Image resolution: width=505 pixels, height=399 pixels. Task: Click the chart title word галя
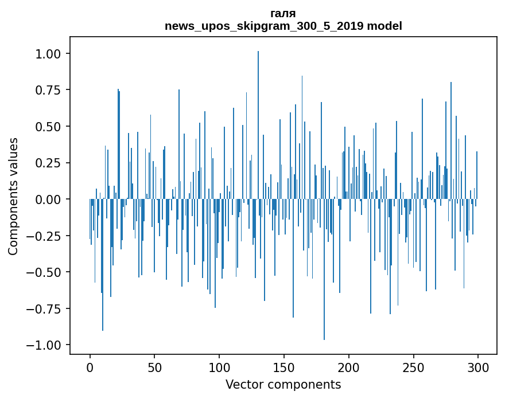point(283,14)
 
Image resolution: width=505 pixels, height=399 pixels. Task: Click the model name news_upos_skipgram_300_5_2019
point(264,26)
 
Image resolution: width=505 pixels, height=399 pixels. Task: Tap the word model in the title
point(384,26)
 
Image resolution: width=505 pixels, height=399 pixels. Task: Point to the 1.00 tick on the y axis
point(48,54)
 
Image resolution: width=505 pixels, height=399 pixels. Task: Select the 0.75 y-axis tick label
point(48,90)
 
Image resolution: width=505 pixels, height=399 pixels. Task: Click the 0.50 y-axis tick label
point(48,127)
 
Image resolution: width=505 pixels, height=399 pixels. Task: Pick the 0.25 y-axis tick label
point(48,163)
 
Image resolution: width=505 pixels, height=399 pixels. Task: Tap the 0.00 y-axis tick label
point(48,199)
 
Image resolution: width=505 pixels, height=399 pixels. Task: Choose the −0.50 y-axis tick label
point(44,272)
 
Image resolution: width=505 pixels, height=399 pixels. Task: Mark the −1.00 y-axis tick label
point(44,345)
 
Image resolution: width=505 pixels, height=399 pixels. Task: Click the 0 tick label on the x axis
point(90,367)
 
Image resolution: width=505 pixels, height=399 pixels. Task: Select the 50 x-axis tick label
point(154,367)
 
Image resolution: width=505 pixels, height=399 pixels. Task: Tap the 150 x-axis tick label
point(283,367)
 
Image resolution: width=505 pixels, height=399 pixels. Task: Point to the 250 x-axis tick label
point(413,367)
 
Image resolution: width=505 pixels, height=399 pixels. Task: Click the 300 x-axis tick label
point(478,367)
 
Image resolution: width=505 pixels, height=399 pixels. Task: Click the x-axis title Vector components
point(283,384)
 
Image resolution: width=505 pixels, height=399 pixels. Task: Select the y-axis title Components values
point(13,196)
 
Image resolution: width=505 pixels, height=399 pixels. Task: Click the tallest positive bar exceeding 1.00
point(258,125)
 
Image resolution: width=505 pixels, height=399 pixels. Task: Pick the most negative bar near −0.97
point(324,269)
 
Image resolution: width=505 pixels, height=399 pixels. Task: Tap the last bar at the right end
point(477,175)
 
